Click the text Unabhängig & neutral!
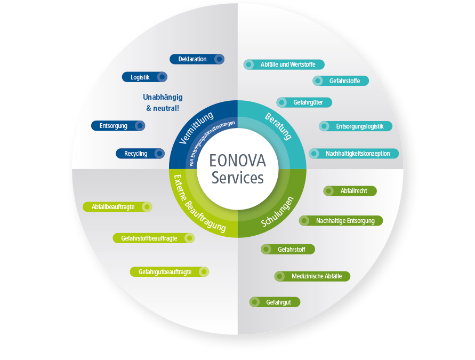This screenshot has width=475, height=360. [163, 102]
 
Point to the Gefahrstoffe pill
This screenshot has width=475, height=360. [341, 81]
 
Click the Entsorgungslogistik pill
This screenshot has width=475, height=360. [356, 126]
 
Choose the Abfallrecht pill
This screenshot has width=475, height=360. [350, 191]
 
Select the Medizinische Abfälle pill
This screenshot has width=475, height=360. [312, 276]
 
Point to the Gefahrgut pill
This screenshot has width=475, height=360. [275, 302]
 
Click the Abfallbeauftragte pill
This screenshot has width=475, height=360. [117, 206]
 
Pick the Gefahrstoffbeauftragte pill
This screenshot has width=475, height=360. [153, 238]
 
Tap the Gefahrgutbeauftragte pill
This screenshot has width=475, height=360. [169, 272]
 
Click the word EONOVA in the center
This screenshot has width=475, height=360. [237, 161]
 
